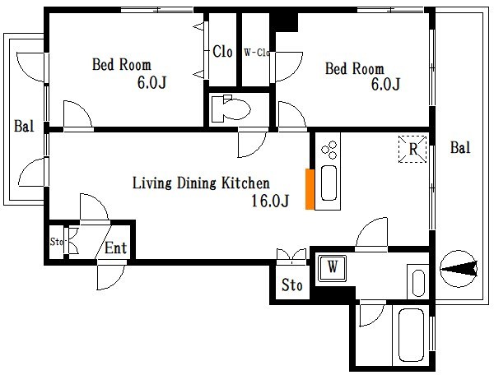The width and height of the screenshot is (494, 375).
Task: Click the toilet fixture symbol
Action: click(x=231, y=109)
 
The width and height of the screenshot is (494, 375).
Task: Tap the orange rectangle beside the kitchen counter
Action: click(x=310, y=189)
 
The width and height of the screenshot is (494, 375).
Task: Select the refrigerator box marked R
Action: click(x=412, y=149)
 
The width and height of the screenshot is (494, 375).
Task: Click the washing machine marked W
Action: click(x=332, y=268)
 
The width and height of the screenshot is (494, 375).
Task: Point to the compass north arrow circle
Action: click(x=459, y=269)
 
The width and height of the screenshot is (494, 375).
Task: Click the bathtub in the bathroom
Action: click(x=411, y=336)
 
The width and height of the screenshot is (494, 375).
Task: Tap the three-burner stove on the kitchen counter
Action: click(x=329, y=150)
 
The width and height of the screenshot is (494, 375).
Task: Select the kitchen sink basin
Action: click(x=329, y=183)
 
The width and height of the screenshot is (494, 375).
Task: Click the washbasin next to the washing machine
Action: click(x=418, y=283)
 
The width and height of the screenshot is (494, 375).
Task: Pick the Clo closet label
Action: click(x=222, y=52)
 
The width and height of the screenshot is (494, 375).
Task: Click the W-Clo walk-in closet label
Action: click(x=256, y=53)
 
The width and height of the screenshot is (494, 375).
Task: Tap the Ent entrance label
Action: click(x=115, y=248)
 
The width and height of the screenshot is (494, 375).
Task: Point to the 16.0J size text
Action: click(x=270, y=201)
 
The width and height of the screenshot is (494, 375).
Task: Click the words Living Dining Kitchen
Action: click(x=201, y=183)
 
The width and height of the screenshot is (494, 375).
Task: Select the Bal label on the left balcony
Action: click(x=24, y=126)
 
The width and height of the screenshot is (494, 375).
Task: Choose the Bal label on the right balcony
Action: click(x=460, y=147)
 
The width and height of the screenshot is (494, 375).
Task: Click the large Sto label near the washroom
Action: click(x=291, y=285)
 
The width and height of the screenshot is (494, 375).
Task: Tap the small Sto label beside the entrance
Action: click(x=57, y=242)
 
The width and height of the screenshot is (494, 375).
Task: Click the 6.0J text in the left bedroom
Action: click(x=151, y=82)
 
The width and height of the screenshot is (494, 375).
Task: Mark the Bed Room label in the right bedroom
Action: click(x=354, y=68)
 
